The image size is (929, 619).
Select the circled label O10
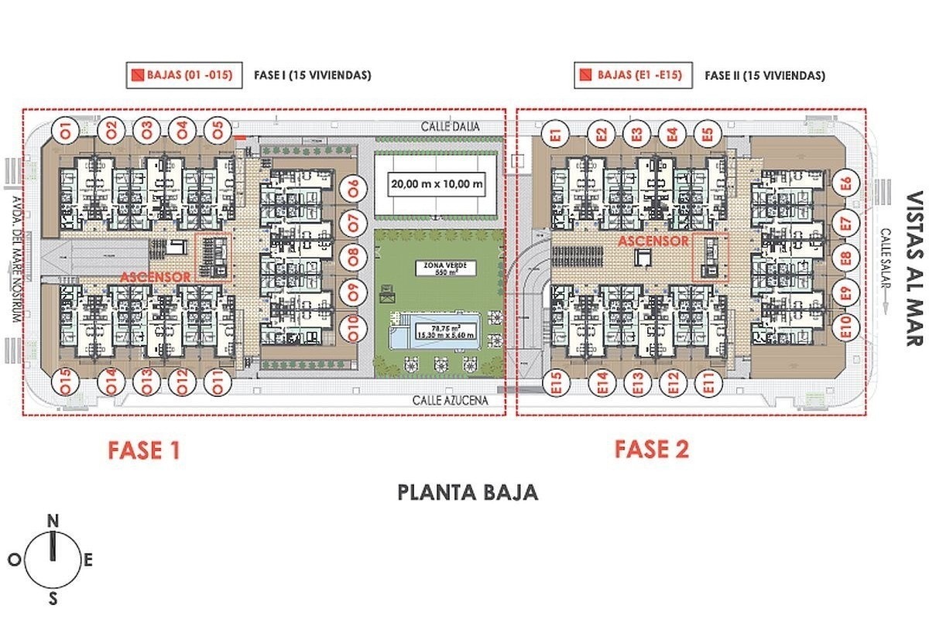pyautogui.click(x=353, y=329)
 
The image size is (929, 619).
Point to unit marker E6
pyautogui.click(x=845, y=184)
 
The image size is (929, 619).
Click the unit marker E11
pyautogui.click(x=705, y=383)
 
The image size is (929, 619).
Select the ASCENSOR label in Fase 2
pyautogui.click(x=653, y=241)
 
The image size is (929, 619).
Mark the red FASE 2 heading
pyautogui.click(x=652, y=449)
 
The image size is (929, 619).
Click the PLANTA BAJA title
pyautogui.click(x=468, y=492)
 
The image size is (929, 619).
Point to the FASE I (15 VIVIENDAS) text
pyautogui.click(x=312, y=76)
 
